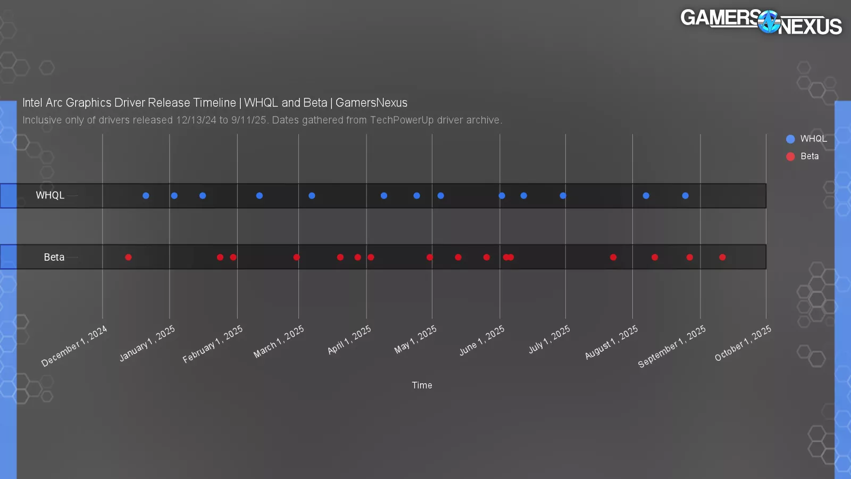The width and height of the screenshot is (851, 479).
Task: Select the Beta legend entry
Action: tap(803, 156)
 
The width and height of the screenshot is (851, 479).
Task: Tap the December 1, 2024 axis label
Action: tap(74, 346)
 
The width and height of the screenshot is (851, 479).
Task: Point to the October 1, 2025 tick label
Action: tap(743, 343)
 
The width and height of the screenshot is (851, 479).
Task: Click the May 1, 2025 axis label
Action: tap(415, 340)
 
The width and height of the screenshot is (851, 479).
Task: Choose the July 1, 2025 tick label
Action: tap(549, 340)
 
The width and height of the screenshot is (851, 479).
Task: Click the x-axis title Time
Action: tap(422, 385)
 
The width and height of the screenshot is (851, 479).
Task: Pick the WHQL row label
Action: tap(50, 195)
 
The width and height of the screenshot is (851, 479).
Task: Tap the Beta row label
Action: tap(54, 257)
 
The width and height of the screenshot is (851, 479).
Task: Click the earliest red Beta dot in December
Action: tap(128, 257)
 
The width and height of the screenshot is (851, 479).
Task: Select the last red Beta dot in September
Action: tap(722, 257)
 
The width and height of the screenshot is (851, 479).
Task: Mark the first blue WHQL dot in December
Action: tap(146, 195)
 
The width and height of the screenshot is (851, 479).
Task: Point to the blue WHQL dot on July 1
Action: tap(563, 195)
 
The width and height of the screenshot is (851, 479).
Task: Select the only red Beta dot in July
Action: tap(613, 257)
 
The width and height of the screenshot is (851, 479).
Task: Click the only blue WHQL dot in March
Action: tap(312, 195)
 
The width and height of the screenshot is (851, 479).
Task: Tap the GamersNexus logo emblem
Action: tap(769, 22)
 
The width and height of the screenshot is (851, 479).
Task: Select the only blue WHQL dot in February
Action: tap(259, 195)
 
